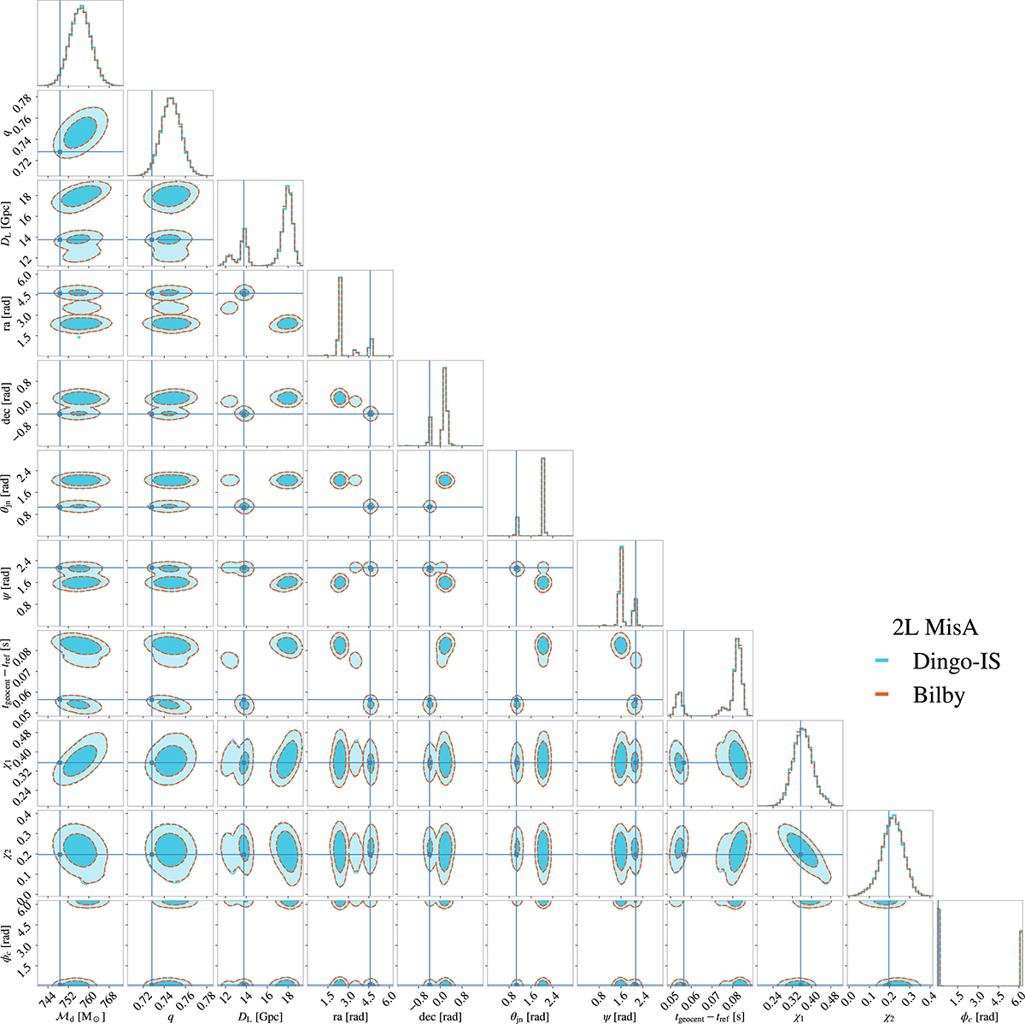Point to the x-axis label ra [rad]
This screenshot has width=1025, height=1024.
point(349,1011)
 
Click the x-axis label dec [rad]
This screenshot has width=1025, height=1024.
point(441,1011)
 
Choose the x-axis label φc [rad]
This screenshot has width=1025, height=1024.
point(980,1011)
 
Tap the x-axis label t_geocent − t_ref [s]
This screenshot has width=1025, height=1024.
point(709,1011)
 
